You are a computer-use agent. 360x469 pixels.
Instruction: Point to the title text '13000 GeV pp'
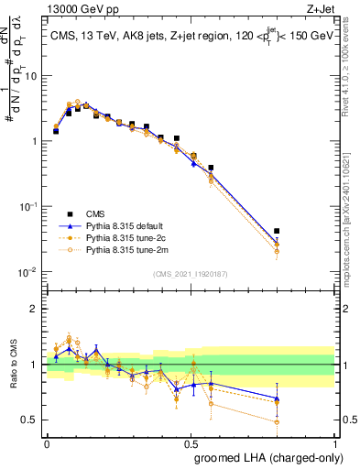71,9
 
